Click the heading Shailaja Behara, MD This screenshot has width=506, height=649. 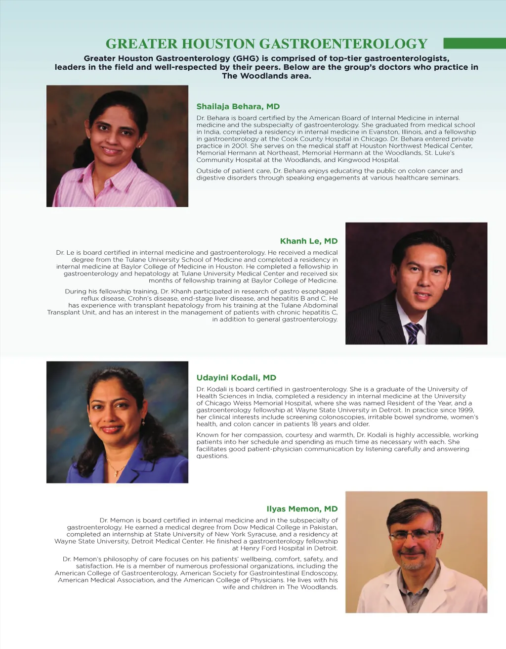pyautogui.click(x=238, y=106)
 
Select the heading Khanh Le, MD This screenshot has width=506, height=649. pyautogui.click(x=309, y=241)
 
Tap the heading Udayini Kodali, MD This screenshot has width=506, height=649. pyautogui.click(x=236, y=377)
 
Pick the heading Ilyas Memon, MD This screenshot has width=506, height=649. pyautogui.click(x=302, y=509)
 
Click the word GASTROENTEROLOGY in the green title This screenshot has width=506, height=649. pyautogui.click(x=343, y=44)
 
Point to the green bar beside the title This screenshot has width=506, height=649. pyautogui.click(x=474, y=44)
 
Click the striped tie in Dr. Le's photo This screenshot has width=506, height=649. pyautogui.click(x=412, y=333)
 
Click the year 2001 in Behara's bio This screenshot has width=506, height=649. pyautogui.click(x=240, y=146)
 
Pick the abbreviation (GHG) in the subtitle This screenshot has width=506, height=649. pyautogui.click(x=246, y=58)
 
